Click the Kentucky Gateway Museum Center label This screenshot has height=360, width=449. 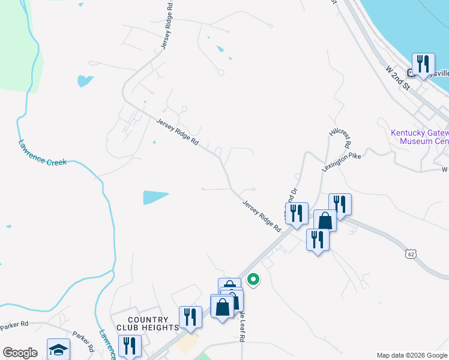coord(420,137)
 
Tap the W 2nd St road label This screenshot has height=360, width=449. coord(397,79)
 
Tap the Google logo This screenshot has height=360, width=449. coord(20,353)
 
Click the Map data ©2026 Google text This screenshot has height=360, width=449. coord(411,355)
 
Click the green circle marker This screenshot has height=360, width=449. coord(253,279)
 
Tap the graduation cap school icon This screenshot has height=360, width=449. coord(58,349)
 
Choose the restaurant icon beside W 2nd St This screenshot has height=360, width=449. coord(424,63)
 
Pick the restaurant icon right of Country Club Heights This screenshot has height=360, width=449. coord(191,316)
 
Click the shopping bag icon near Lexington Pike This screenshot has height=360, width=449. coord(325,220)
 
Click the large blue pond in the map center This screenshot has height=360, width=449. coord(155,197)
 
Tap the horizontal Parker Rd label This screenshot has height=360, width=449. coord(14,325)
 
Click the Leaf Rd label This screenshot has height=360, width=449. coord(241,326)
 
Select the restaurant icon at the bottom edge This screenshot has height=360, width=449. coord(130,346)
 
